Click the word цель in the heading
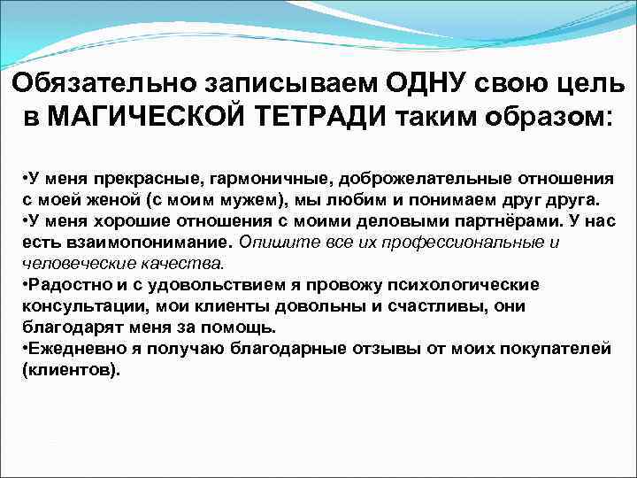(x=588, y=82)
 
